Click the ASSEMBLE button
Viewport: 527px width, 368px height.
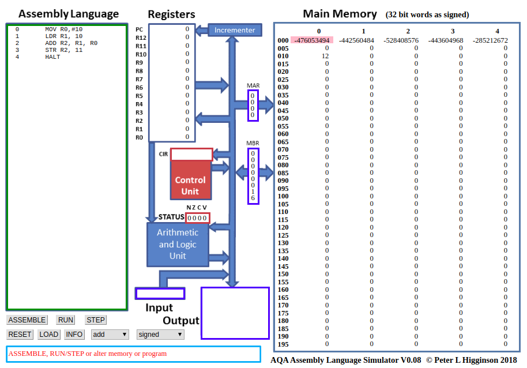click(27, 320)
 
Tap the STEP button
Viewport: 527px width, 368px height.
click(96, 320)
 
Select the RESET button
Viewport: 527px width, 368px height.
click(20, 335)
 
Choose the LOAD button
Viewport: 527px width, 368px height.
click(49, 335)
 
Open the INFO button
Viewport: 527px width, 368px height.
click(74, 335)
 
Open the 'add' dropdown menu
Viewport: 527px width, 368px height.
click(110, 335)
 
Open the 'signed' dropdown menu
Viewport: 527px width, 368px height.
click(160, 335)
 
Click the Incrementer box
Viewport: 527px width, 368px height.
click(235, 30)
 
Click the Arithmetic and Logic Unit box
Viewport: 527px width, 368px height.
click(177, 244)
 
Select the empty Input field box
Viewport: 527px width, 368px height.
click(160, 293)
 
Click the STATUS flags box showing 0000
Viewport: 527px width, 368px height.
click(198, 217)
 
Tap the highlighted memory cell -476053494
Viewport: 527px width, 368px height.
click(312, 40)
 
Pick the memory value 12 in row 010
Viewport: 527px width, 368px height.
click(325, 56)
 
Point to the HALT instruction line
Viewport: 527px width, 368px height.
click(52, 57)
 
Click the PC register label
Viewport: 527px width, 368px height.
click(139, 29)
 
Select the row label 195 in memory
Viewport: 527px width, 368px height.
click(283, 344)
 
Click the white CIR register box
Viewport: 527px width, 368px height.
click(191, 155)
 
